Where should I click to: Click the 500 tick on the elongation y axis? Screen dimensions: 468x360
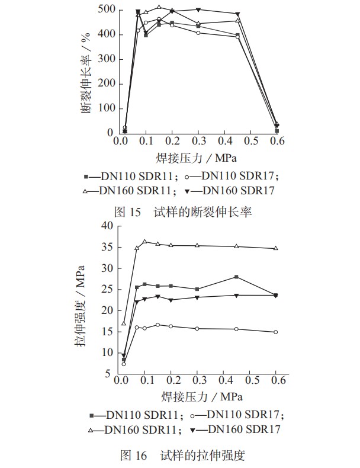105,10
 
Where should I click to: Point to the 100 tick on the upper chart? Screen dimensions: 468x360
105,108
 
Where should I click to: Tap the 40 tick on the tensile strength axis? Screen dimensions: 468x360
107,226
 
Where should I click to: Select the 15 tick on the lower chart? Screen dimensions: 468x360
107,332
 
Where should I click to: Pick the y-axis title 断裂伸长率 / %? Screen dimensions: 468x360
87,71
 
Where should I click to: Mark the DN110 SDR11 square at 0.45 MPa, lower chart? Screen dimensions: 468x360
236,277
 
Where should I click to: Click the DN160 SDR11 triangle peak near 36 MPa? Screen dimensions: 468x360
144,242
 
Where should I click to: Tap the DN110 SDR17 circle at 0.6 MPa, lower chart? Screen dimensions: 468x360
275,332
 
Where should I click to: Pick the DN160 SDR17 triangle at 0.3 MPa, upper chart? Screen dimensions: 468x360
198,10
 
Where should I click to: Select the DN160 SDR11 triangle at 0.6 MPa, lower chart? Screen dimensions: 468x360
275,248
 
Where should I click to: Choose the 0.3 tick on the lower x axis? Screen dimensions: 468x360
198,380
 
